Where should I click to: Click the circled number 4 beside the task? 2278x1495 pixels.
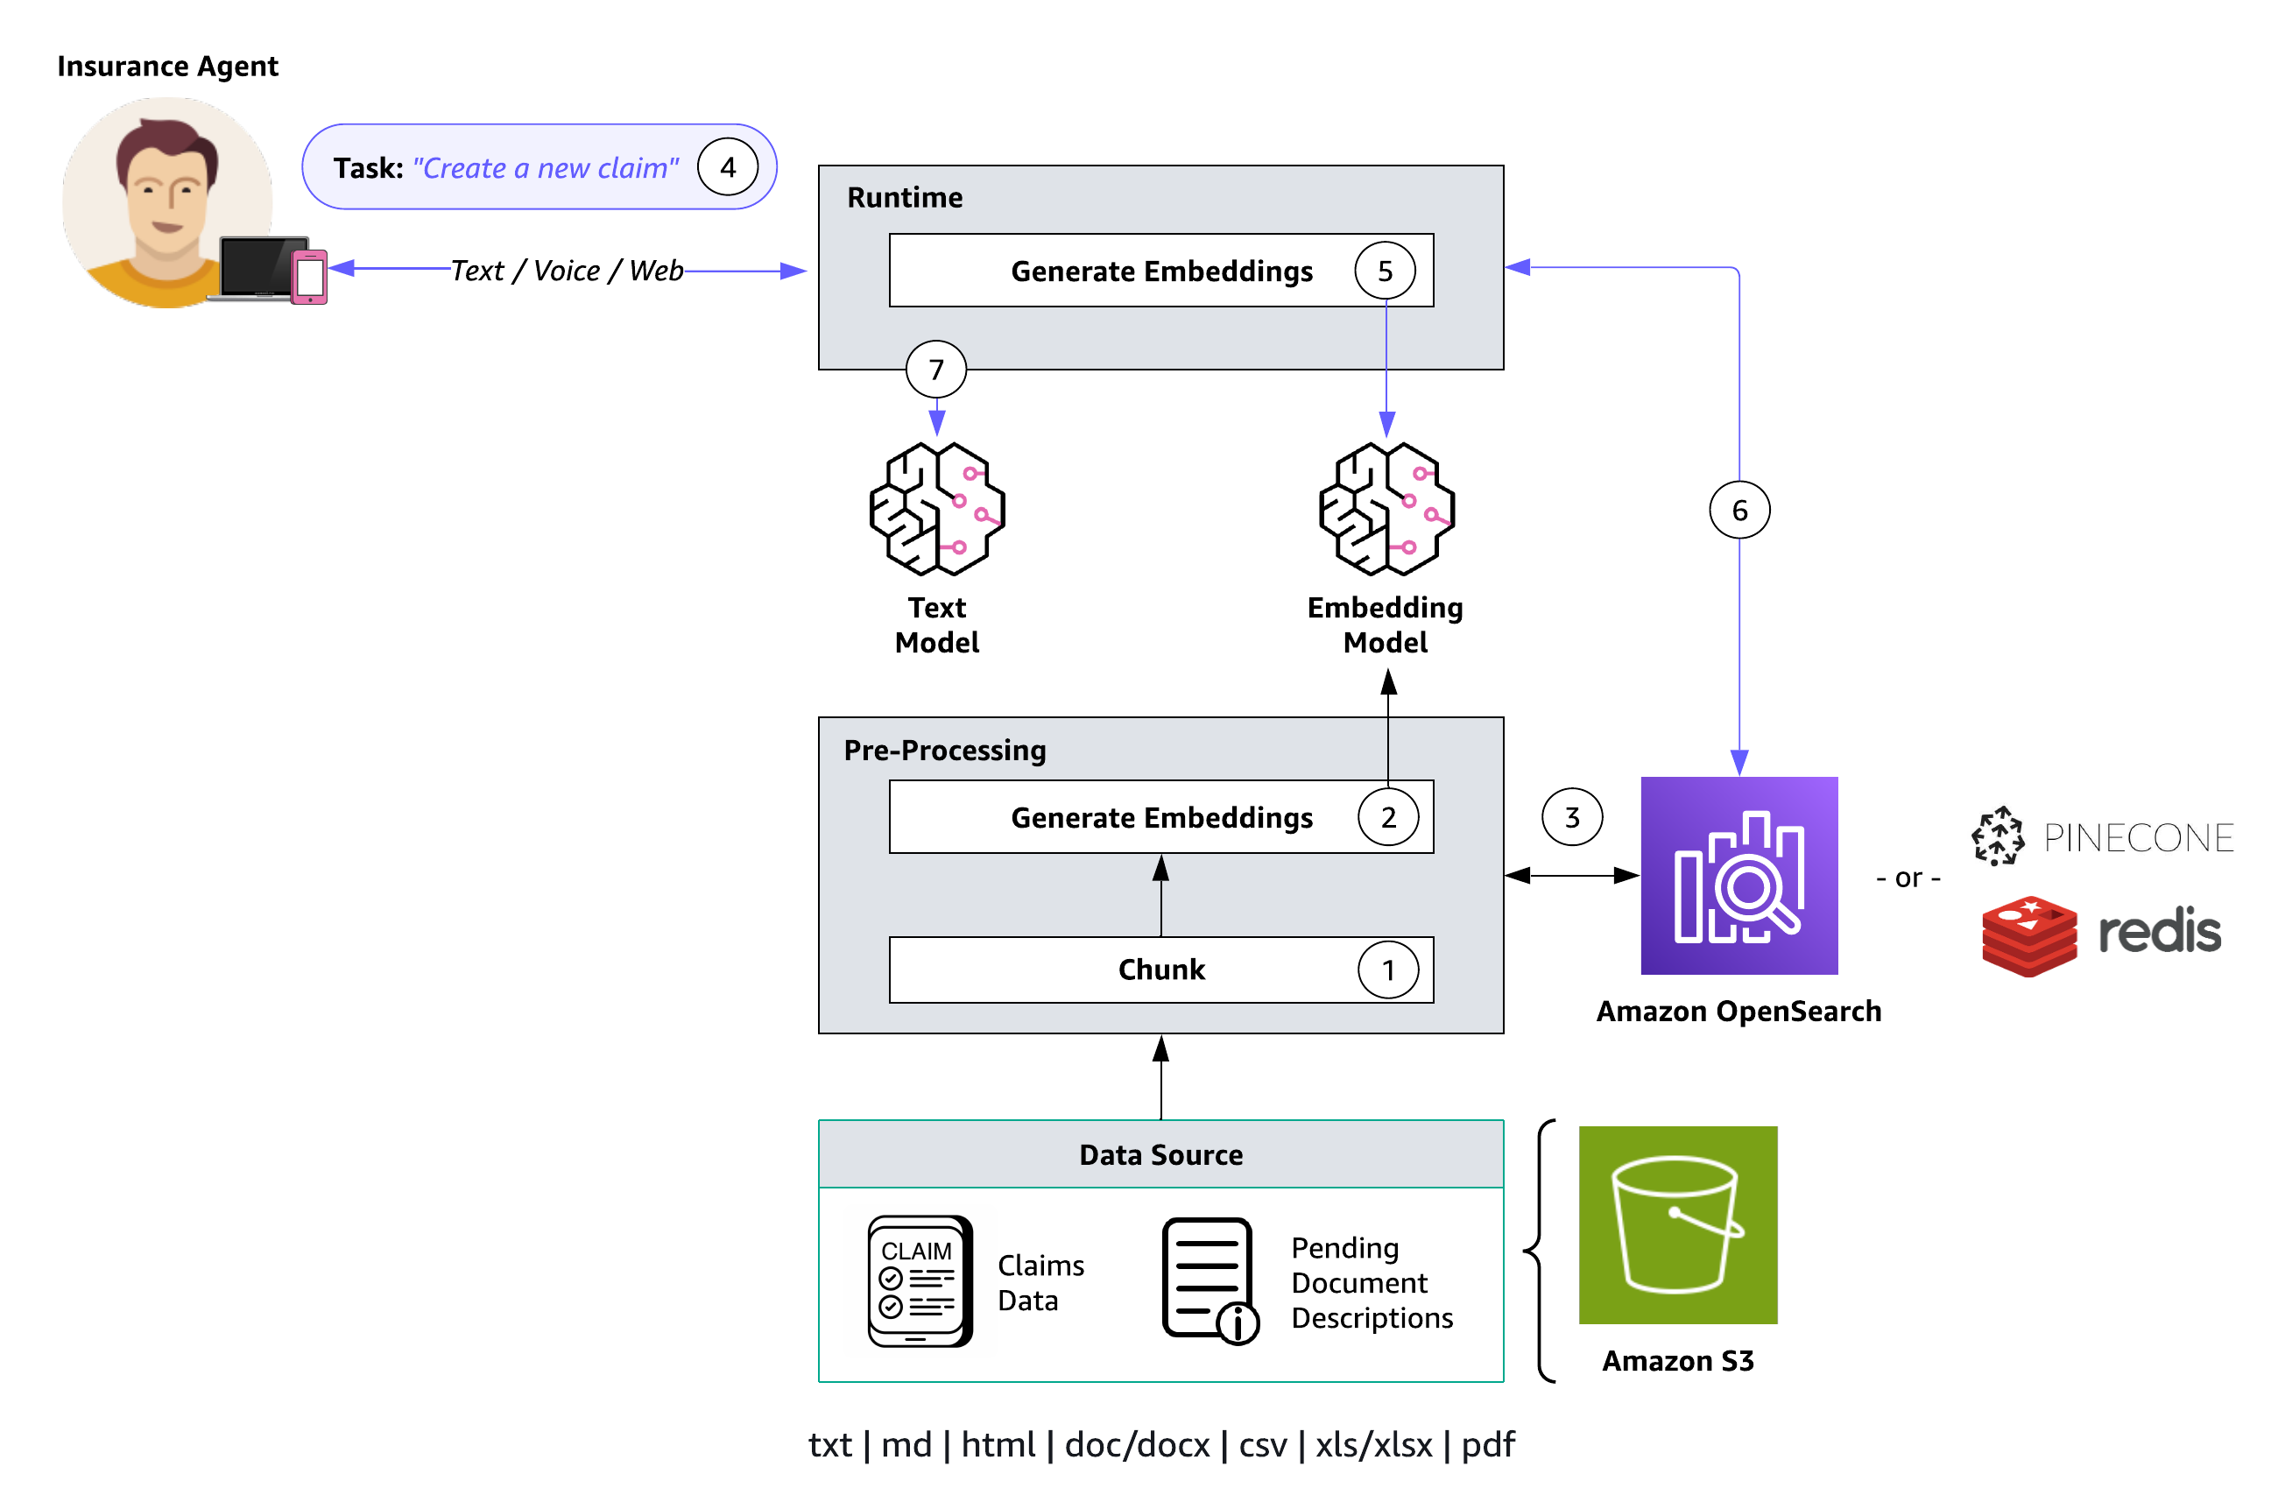pos(728,167)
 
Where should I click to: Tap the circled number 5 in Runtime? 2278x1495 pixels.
pos(1384,271)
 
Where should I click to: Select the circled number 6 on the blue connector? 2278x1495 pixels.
pos(1739,510)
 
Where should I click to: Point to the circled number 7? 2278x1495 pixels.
pos(936,370)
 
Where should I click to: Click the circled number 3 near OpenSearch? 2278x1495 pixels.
pos(1571,817)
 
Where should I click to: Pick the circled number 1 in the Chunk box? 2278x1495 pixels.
pos(1388,970)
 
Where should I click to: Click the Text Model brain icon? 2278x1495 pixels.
pos(937,508)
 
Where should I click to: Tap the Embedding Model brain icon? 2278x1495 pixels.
pos(1386,508)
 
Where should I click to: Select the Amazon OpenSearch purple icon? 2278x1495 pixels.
pos(1739,875)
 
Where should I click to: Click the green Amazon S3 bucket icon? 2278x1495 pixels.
pos(1677,1225)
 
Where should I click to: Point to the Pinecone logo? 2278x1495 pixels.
pos(2102,836)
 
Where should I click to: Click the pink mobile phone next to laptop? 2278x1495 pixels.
pos(309,277)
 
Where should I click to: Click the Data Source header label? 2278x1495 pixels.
pos(1161,1155)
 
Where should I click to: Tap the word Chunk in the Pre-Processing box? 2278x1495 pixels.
pos(1161,970)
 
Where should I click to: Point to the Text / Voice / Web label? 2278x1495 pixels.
pos(567,271)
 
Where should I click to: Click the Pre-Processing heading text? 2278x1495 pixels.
pos(945,751)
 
